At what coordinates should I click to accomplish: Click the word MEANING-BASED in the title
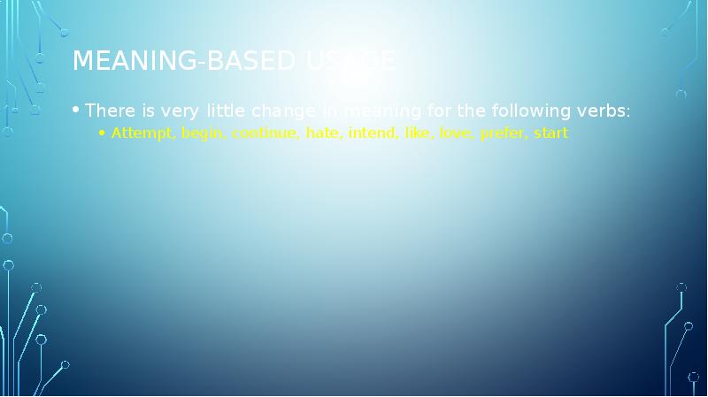186,61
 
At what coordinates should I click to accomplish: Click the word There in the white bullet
109,111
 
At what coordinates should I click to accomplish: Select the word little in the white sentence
225,111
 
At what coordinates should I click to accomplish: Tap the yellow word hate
323,134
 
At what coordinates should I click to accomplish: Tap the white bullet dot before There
77,111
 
